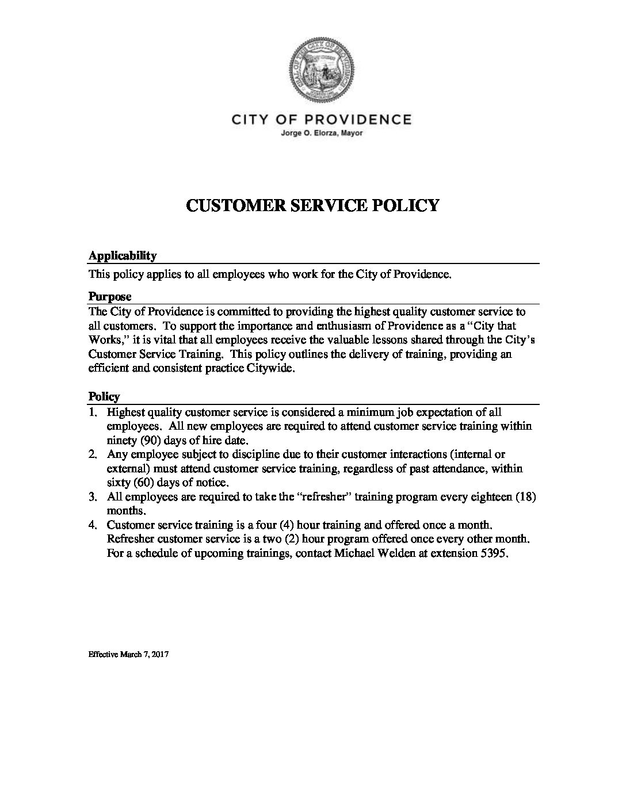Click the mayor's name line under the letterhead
321,133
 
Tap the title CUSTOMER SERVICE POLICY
312,205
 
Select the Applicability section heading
122,255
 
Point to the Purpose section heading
109,297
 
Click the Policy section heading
104,396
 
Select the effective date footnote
128,655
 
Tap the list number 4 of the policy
92,525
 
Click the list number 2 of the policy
92,454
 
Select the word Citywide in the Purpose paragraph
270,369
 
